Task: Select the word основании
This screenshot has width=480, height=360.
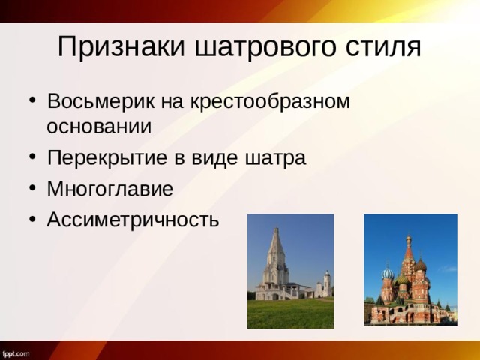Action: coord(99,126)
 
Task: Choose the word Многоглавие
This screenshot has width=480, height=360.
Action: coord(109,188)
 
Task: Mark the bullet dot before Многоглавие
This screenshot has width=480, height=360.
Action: coord(29,189)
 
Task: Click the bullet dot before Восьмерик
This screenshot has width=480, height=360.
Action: coord(29,101)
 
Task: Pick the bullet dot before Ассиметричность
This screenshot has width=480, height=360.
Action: coord(29,219)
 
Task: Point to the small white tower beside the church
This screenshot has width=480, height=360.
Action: coord(326,283)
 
